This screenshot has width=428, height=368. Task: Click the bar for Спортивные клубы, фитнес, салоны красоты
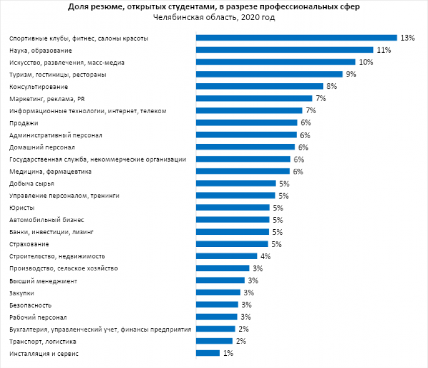point(296,38)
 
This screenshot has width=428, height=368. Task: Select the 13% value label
point(408,38)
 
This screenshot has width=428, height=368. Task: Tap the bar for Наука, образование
point(284,50)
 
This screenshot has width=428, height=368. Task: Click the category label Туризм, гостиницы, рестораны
point(58,74)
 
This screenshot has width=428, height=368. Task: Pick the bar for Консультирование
point(259,87)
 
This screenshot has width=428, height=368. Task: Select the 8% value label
point(332,87)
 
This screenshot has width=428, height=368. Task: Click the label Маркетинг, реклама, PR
point(46,98)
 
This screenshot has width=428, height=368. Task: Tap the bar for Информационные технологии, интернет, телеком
point(248,110)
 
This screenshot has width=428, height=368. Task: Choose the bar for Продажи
point(247,123)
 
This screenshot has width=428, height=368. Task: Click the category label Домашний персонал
point(42,147)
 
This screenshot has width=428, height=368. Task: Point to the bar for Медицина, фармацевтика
point(243,172)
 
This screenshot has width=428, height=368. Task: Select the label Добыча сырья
point(32,184)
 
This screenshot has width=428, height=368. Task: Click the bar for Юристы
point(232,208)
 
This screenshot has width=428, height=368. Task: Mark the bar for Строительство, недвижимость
point(226,256)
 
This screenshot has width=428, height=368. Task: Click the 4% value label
point(266,256)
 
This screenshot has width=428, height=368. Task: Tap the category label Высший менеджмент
point(43,281)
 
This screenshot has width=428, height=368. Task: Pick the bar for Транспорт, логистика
point(214,341)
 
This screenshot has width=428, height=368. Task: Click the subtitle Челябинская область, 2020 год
point(213,17)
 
